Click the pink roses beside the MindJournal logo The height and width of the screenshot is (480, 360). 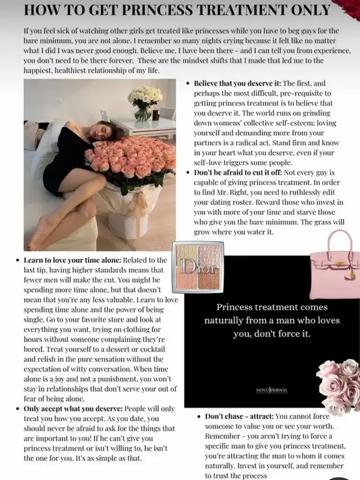pos(338,385)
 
